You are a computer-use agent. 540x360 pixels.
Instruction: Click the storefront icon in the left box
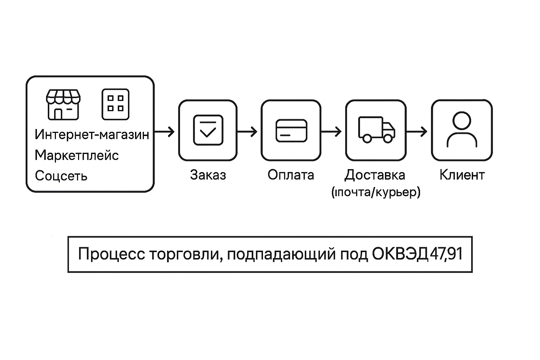63,104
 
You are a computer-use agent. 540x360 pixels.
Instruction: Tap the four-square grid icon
115,104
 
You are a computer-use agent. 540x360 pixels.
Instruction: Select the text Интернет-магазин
92,135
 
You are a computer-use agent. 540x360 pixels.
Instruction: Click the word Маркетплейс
77,155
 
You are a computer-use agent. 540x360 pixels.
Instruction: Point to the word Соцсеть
61,176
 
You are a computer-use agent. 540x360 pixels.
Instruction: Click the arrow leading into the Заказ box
165,132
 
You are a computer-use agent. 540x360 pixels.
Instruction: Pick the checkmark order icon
208,130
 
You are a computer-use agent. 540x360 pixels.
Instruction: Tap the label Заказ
208,175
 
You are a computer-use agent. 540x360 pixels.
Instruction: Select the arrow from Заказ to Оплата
247,132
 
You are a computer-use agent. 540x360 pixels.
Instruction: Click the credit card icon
291,130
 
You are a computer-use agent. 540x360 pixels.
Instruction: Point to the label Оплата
291,175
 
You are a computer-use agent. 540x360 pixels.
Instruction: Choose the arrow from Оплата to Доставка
332,132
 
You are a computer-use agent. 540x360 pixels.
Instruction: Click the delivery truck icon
376,130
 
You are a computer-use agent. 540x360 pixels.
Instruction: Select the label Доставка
375,175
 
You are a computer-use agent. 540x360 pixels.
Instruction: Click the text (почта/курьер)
376,192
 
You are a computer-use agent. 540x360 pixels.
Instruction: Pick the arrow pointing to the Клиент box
417,132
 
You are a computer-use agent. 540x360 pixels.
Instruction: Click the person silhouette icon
462,130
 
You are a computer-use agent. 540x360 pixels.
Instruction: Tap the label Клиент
462,175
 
